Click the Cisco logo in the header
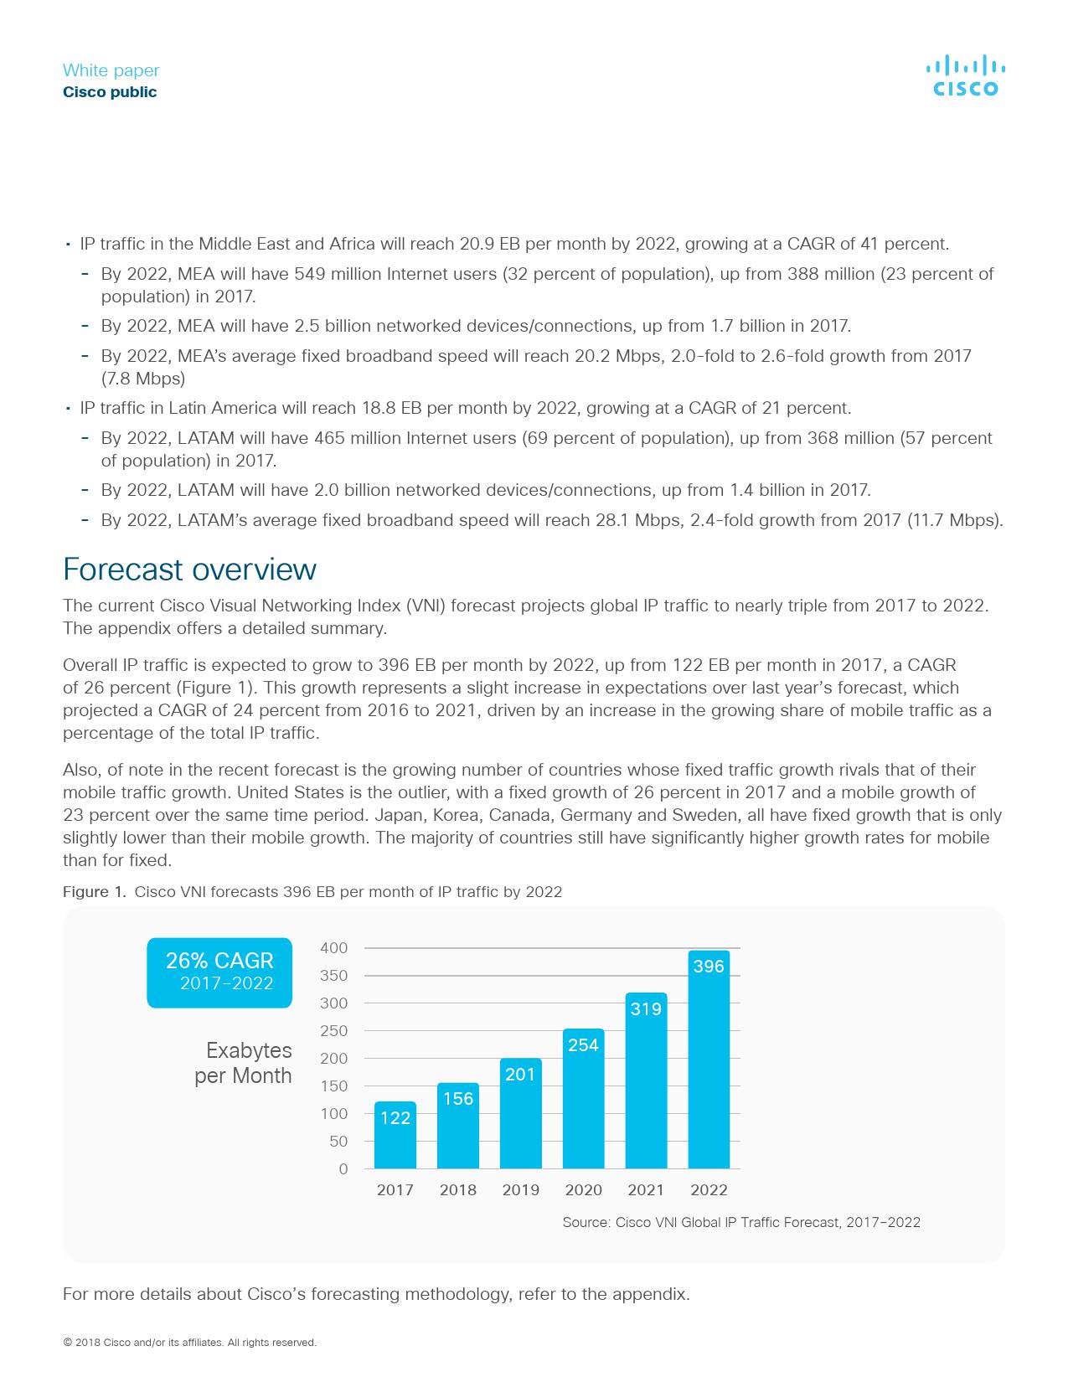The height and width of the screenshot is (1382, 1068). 965,76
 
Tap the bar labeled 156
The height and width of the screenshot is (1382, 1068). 458,1126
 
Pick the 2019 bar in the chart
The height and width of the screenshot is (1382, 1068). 520,1114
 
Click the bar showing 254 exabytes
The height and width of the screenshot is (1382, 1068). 583,1099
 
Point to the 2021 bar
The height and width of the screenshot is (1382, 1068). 646,1080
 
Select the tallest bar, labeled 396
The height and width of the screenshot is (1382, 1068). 709,1060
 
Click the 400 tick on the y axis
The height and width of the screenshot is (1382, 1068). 333,948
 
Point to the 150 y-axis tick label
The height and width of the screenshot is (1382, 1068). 333,1086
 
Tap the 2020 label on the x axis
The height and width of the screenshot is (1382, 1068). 583,1190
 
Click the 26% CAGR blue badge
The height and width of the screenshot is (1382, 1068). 219,972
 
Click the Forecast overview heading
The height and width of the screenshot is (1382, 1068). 189,570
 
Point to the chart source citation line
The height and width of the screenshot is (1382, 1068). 741,1223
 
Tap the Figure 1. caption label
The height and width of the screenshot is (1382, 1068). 94,892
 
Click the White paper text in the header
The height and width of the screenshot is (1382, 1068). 111,70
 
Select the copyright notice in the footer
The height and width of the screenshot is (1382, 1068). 189,1343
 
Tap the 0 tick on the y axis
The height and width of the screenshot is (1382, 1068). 343,1169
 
